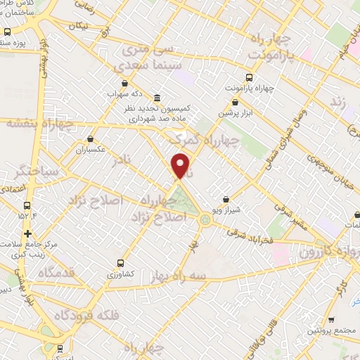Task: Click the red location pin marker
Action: point(181,166)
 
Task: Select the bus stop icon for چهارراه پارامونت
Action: point(247,78)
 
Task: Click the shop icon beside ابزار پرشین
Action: point(235,102)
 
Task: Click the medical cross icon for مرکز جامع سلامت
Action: point(27,233)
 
